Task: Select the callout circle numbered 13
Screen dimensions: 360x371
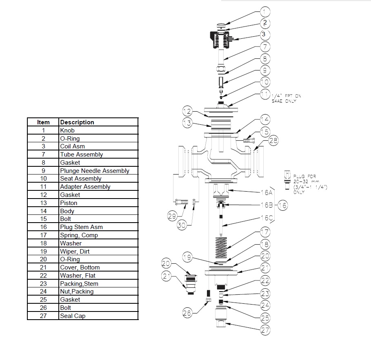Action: [187, 122]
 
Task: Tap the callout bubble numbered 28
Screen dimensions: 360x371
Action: [273, 141]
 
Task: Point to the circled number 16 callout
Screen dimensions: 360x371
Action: [282, 205]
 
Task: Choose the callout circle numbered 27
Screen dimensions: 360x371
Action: [265, 330]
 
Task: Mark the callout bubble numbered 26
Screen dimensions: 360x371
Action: [187, 313]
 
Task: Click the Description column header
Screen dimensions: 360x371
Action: [77, 122]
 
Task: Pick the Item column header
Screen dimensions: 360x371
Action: [43, 122]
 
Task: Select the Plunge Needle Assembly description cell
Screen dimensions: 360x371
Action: [95, 170]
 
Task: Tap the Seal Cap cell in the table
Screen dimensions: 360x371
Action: [73, 316]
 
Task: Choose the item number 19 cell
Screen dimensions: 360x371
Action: [43, 251]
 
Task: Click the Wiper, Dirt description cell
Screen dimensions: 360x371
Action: [75, 251]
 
